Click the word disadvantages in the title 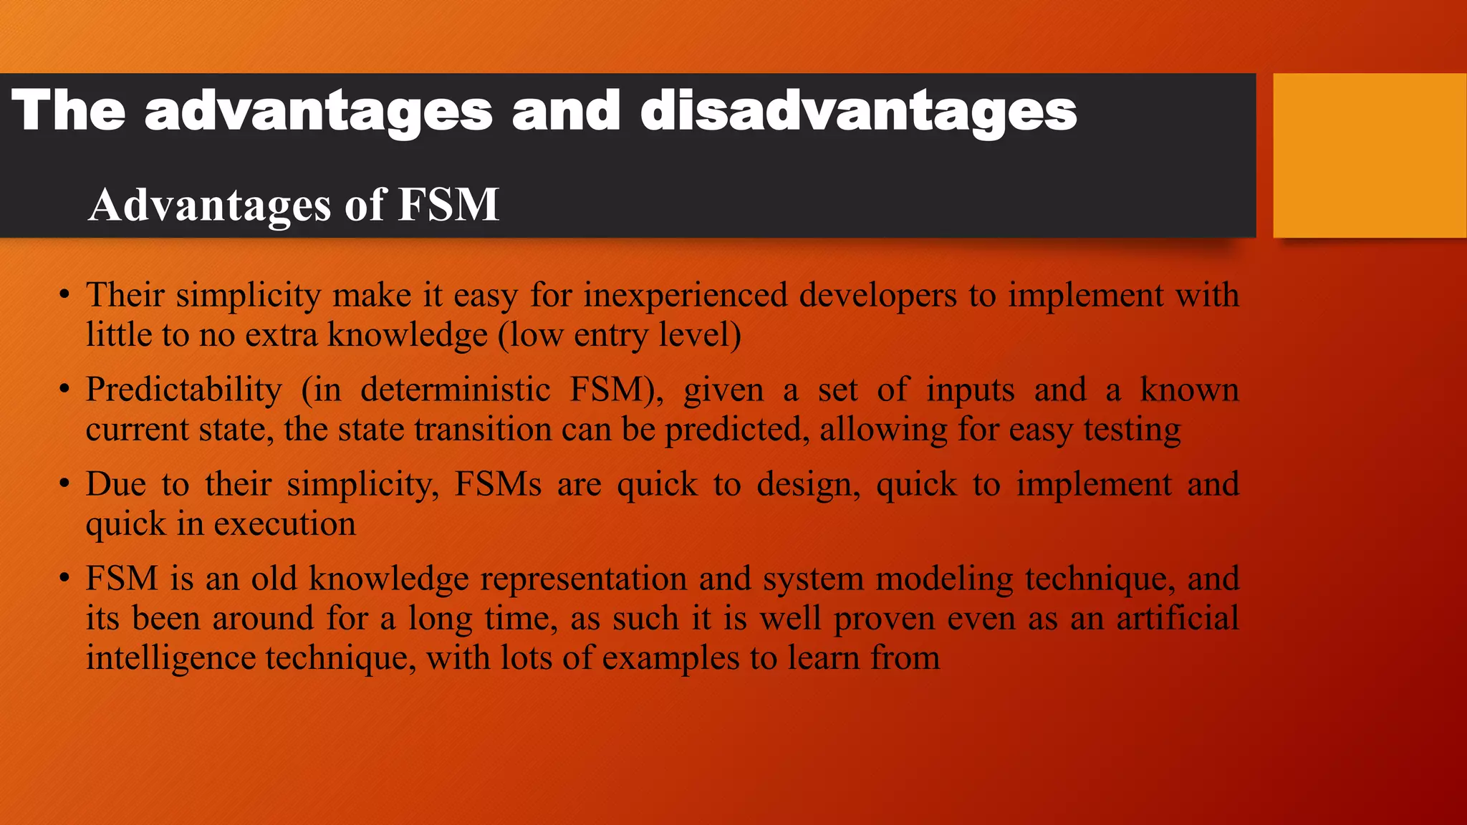pyautogui.click(x=858, y=112)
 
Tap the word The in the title pyautogui.click(x=69, y=110)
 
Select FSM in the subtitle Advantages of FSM pyautogui.click(x=448, y=205)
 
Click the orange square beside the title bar pyautogui.click(x=1370, y=155)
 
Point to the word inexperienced pyautogui.click(x=686, y=295)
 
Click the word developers pyautogui.click(x=877, y=295)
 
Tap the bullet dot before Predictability pyautogui.click(x=64, y=390)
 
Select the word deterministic pyautogui.click(x=455, y=390)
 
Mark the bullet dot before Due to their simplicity pyautogui.click(x=64, y=484)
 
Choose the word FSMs pyautogui.click(x=498, y=484)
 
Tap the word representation pyautogui.click(x=583, y=579)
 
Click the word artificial pyautogui.click(x=1178, y=618)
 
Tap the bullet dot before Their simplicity pyautogui.click(x=64, y=295)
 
